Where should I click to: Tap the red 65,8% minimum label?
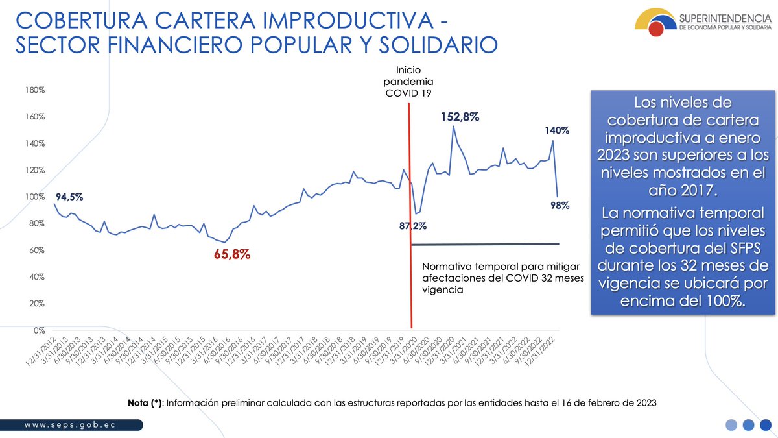(x=232, y=254)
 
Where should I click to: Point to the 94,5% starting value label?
(x=68, y=197)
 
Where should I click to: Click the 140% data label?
(x=556, y=130)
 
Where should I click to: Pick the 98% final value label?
(x=560, y=205)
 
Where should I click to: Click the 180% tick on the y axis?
(x=35, y=90)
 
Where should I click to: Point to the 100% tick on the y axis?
(x=35, y=197)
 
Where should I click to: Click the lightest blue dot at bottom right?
(x=731, y=425)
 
